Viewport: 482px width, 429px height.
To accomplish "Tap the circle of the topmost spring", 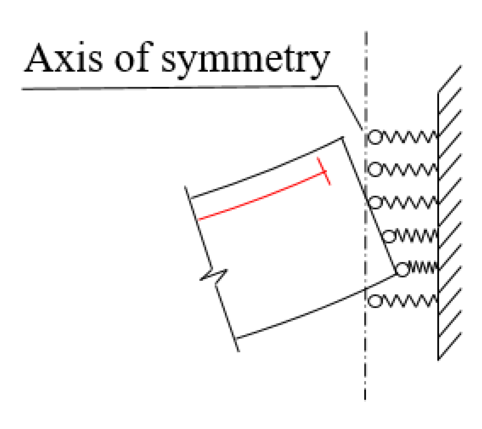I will (375, 137).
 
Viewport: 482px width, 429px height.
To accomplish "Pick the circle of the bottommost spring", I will (375, 301).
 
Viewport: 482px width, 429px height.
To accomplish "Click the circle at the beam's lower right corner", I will (402, 269).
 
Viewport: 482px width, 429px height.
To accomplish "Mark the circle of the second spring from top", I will (375, 170).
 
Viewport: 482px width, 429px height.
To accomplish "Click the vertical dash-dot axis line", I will (365, 361).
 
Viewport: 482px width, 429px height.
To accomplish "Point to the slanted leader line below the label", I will (350, 106).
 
